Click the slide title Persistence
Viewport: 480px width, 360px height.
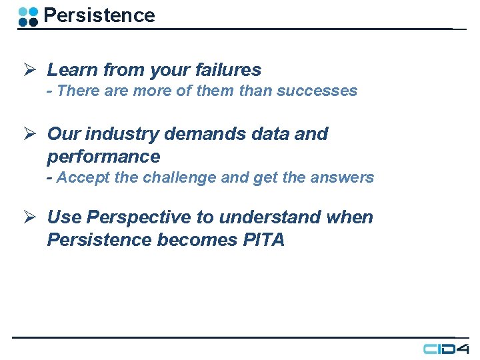click(x=99, y=15)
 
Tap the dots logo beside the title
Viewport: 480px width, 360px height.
click(x=28, y=16)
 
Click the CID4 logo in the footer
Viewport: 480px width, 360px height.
click(x=446, y=349)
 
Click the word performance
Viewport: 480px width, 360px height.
click(x=103, y=157)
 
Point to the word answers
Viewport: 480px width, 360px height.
click(x=346, y=177)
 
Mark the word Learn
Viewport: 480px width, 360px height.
click(x=72, y=69)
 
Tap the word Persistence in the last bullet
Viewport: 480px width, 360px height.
click(x=99, y=240)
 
